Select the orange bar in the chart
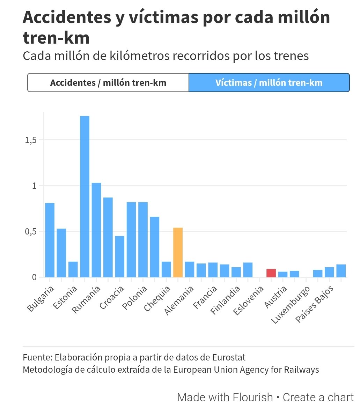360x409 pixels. [178, 252]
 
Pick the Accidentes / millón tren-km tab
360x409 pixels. [108, 83]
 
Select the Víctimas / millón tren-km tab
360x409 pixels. [269, 83]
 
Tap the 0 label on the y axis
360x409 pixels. [34, 277]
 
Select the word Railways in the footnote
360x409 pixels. [303, 369]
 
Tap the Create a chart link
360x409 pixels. [318, 397]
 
